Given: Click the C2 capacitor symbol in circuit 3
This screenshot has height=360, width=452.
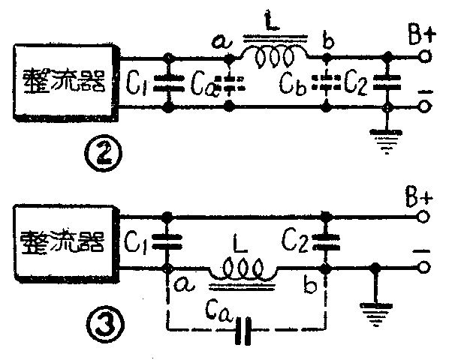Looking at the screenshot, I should pyautogui.click(x=326, y=242).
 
